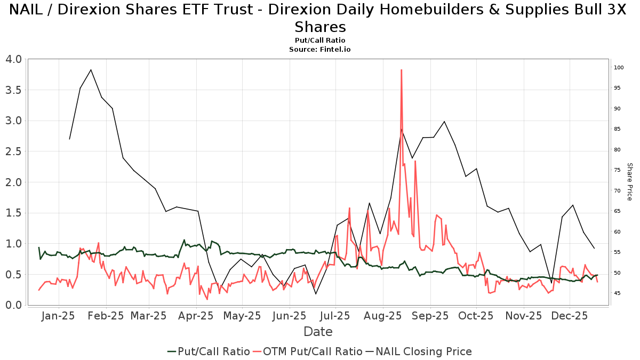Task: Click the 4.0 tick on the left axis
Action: (13, 59)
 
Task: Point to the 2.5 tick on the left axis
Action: (13, 151)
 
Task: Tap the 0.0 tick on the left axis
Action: (13, 305)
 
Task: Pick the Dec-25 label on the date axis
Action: (570, 316)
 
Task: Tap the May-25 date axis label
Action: (243, 316)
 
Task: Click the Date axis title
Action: (318, 332)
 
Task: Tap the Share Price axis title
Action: (629, 182)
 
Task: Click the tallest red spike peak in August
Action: (401, 70)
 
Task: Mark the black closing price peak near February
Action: (91, 70)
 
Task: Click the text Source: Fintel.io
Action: (320, 49)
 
